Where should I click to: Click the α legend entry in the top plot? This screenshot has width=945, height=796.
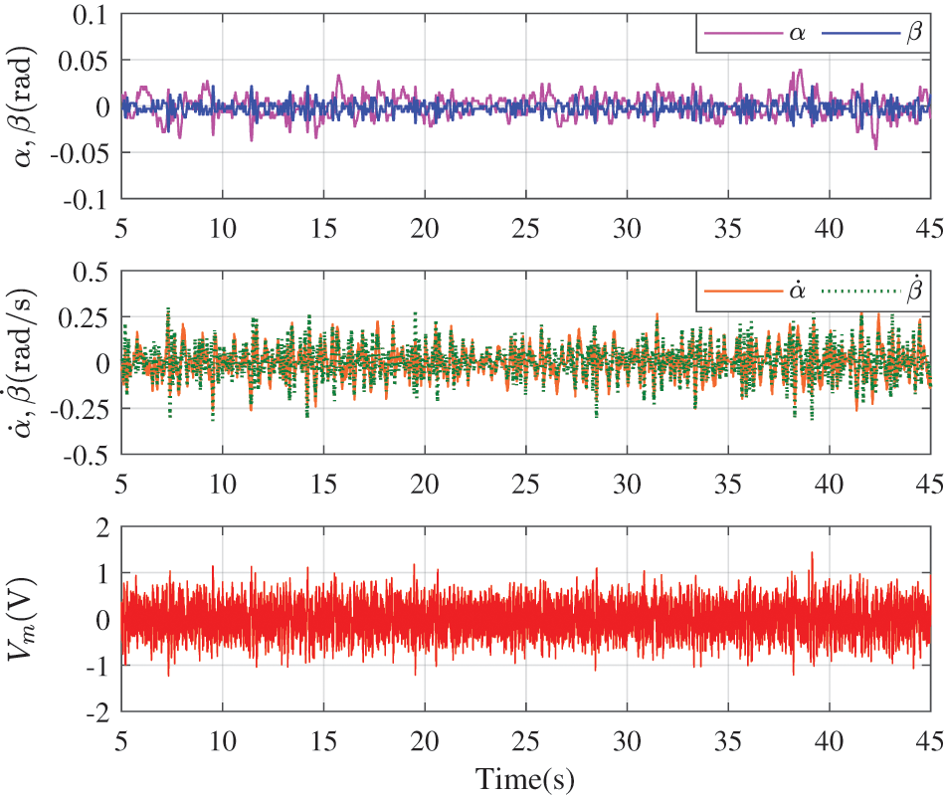point(760,34)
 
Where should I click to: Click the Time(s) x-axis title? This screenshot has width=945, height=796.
point(524,777)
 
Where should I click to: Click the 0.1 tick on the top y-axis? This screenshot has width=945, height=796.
point(88,14)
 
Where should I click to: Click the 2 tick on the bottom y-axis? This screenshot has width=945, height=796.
point(100,527)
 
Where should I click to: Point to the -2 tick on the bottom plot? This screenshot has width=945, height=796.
point(95,713)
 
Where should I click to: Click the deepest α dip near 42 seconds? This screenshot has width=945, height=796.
point(875,148)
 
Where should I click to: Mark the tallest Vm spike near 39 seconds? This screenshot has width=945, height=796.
point(812,552)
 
